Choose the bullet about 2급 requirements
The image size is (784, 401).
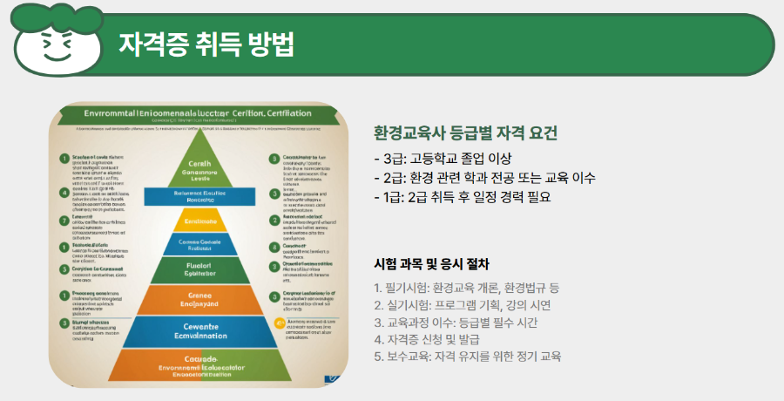pos(483,178)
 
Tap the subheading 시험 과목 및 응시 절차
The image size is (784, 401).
pos(431,263)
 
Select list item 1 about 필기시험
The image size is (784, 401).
pos(466,288)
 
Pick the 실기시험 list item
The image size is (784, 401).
pos(462,305)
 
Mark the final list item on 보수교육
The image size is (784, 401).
pos(467,357)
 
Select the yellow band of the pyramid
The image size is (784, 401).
pos(200,221)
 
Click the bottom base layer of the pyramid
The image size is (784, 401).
pos(200,366)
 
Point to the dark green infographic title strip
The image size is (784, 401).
pos(200,113)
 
